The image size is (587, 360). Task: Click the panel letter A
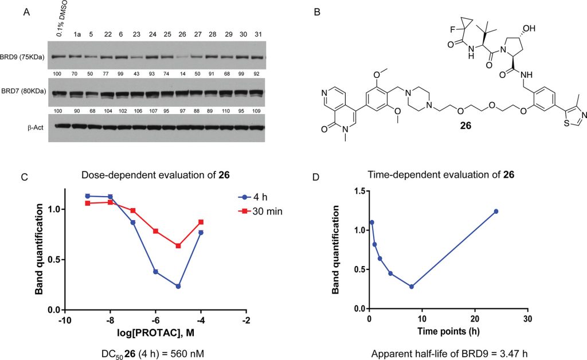click(26, 12)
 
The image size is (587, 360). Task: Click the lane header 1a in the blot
click(77, 35)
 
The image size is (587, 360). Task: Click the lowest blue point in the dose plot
click(178, 286)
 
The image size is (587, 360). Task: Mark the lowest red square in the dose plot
click(178, 246)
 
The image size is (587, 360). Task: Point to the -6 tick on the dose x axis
click(155, 320)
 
